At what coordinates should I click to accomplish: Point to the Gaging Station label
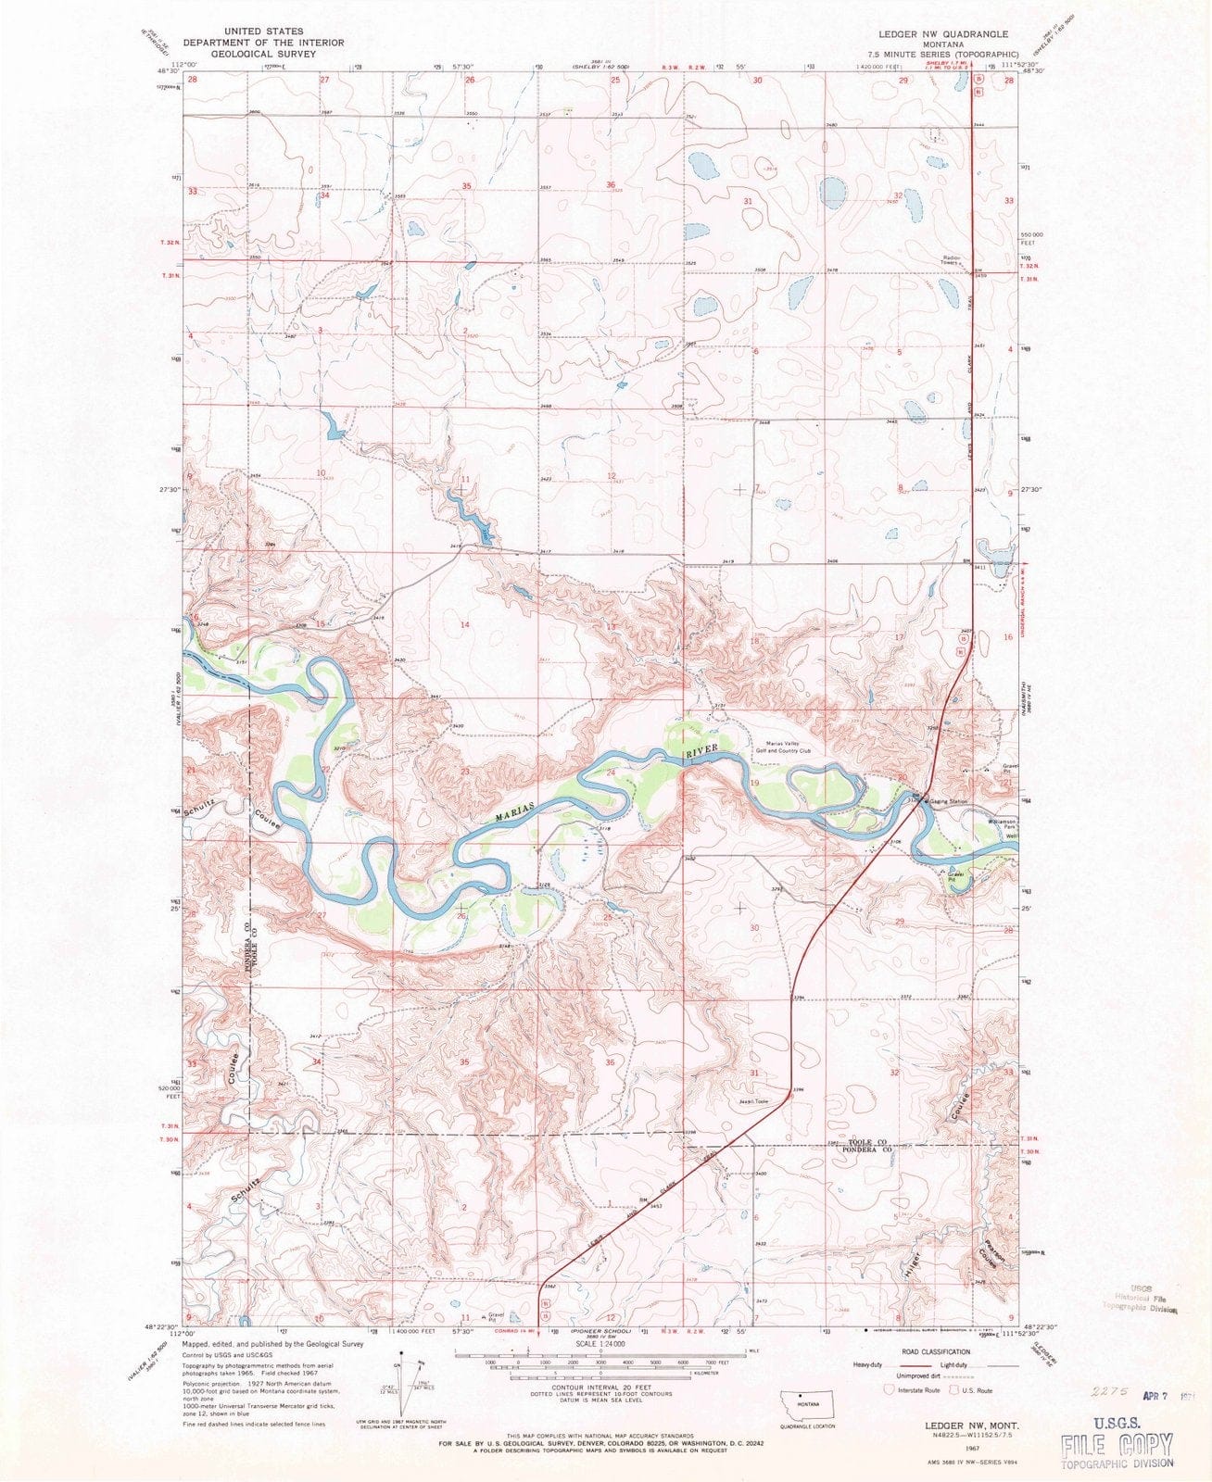coord(947,800)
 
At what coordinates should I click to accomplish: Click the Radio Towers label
coord(945,259)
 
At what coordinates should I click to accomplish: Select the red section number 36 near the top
coord(611,185)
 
